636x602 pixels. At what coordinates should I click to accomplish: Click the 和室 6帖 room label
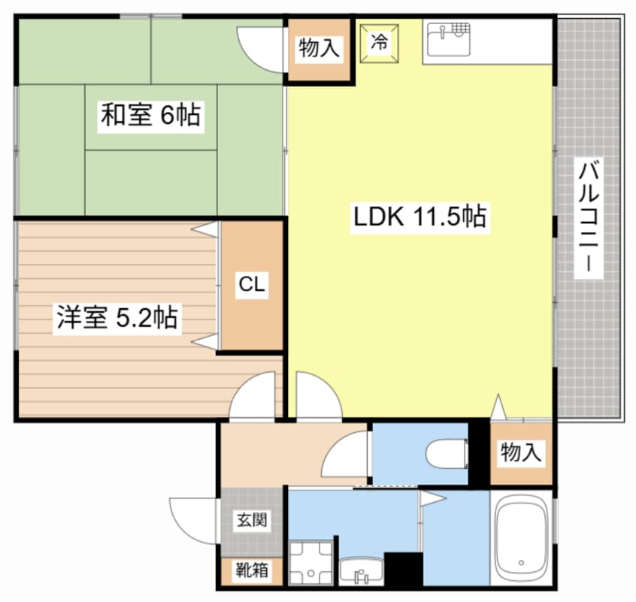point(150,116)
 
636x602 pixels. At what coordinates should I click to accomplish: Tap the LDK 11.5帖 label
point(420,217)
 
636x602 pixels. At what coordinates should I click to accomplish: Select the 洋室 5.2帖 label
point(116,318)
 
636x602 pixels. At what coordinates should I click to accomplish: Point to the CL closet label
point(251,285)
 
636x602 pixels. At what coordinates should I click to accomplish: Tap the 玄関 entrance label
point(251,519)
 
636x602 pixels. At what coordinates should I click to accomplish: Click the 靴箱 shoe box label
point(251,572)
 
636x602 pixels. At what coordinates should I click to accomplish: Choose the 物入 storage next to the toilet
point(521,452)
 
